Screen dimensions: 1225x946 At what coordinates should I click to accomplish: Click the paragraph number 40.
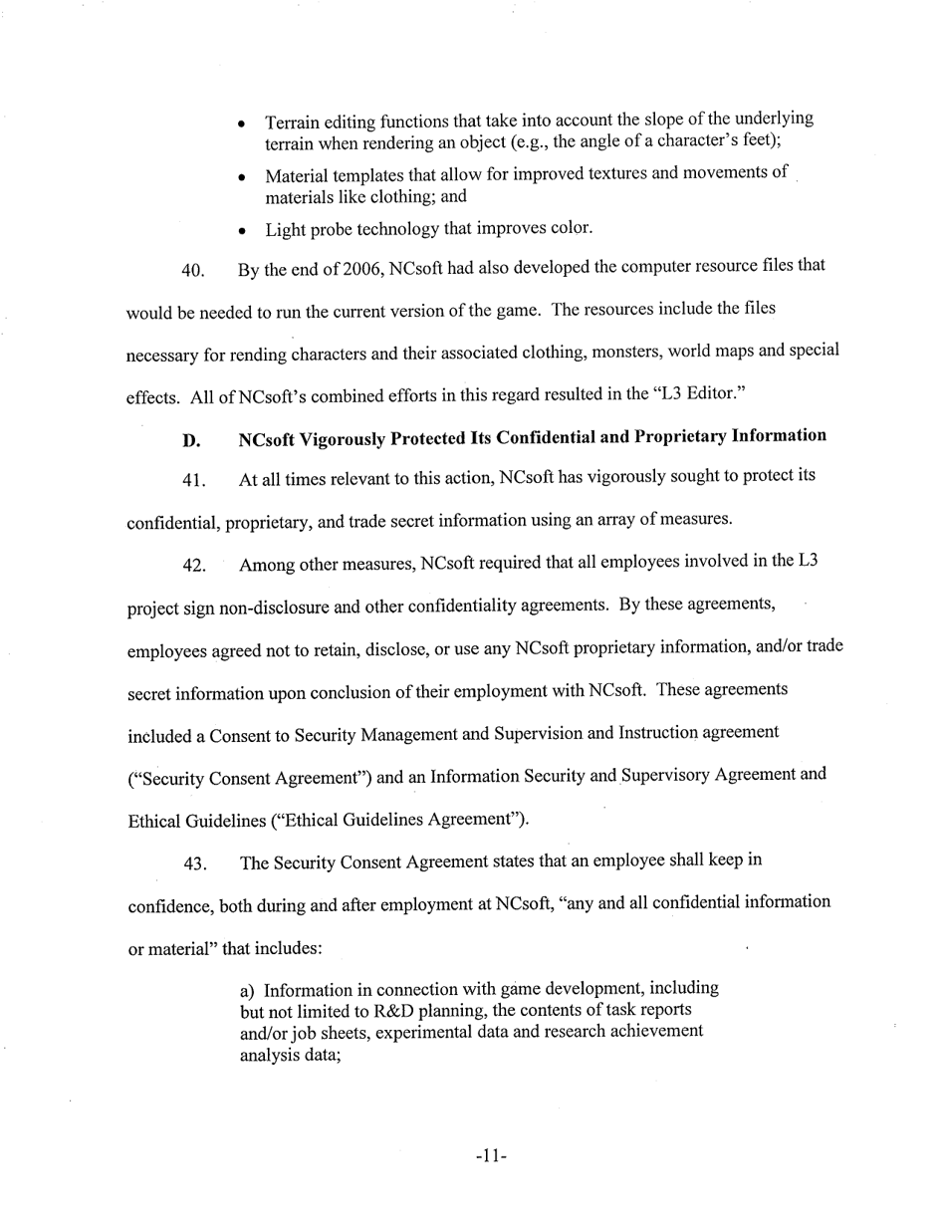tap(193, 271)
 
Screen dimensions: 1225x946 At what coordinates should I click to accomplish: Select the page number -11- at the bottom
tap(491, 1156)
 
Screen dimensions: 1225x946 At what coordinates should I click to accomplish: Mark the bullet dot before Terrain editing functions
tap(242, 125)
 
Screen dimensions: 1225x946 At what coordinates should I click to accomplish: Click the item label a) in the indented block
tap(250, 990)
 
